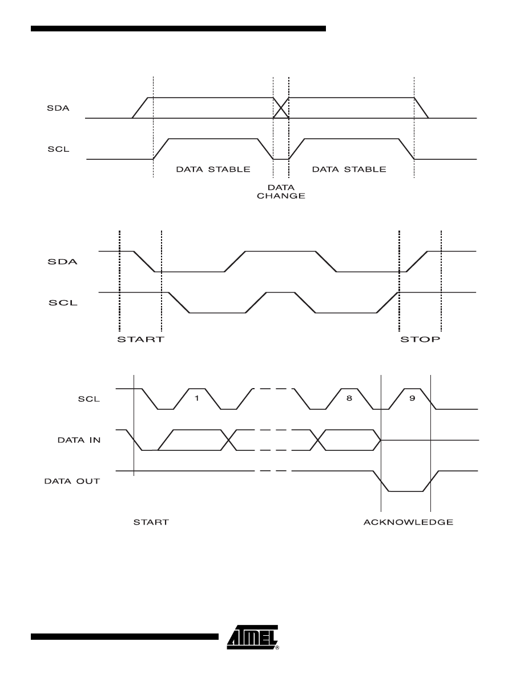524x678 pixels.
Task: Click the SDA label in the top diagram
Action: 58,108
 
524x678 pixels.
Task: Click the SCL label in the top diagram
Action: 58,150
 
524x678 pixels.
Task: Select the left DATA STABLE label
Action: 212,169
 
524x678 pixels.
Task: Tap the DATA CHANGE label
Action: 281,191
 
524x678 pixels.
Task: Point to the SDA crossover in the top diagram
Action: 281,108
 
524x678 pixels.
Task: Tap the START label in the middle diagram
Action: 140,340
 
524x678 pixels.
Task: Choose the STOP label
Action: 420,340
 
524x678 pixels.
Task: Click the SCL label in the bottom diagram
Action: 88,399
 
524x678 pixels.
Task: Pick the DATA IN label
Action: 79,440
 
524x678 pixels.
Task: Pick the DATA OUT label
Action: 72,481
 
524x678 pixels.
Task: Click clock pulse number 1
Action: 196,398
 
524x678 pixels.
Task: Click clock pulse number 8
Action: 349,398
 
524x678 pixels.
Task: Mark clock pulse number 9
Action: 412,398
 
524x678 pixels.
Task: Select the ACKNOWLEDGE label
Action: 408,522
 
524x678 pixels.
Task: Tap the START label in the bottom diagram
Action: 151,522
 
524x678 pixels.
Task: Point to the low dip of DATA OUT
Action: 406,490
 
